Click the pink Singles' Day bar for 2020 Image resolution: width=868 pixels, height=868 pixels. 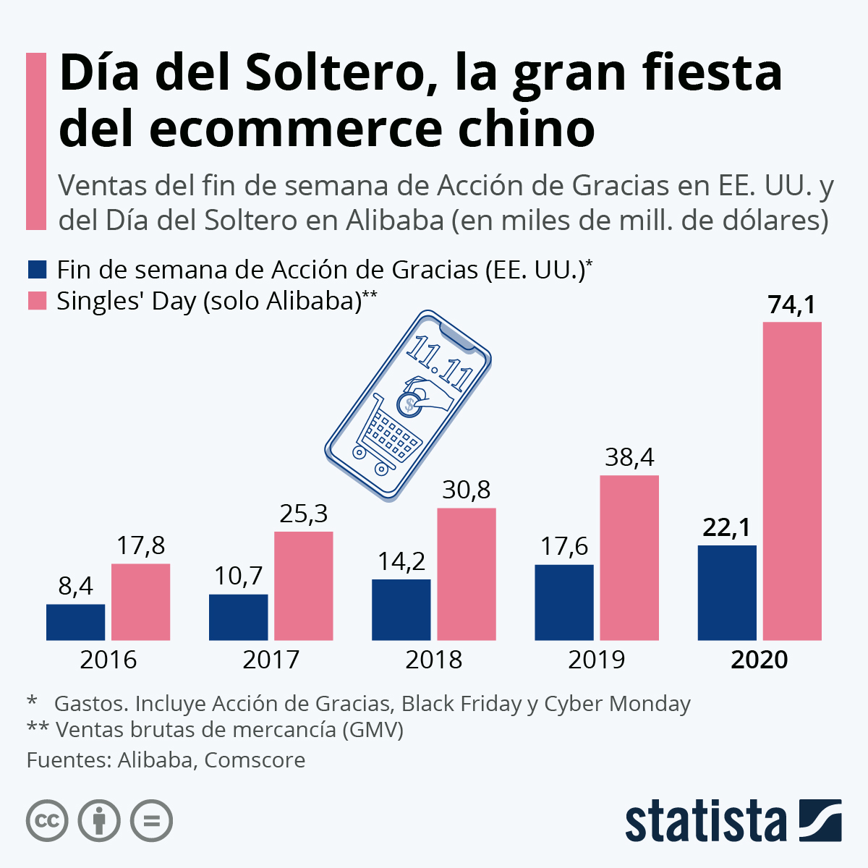(x=792, y=481)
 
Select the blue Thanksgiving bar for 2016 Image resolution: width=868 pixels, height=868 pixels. (x=76, y=622)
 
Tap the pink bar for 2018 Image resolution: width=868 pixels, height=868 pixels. (x=467, y=574)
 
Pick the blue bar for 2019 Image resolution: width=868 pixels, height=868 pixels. (x=564, y=602)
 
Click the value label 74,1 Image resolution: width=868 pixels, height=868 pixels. (x=792, y=305)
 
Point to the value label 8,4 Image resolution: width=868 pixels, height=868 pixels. (x=76, y=586)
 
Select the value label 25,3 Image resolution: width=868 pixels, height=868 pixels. (x=304, y=514)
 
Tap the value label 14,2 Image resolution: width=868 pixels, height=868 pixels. (x=401, y=561)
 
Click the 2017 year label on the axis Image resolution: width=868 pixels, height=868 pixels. (x=271, y=660)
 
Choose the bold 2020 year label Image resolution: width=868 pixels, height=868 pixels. (x=759, y=660)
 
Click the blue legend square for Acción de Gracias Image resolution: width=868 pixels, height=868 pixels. (x=37, y=270)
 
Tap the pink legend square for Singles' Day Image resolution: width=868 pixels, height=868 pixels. (x=37, y=301)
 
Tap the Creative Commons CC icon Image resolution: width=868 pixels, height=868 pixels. (x=47, y=821)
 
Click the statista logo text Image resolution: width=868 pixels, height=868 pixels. (x=705, y=821)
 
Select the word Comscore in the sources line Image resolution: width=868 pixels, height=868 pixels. (x=255, y=760)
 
